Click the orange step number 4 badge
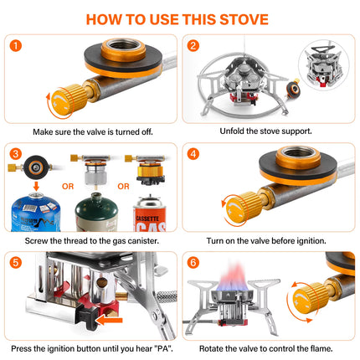coord(193,154)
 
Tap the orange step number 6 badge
coord(193,262)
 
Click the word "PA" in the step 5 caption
coord(163,347)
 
